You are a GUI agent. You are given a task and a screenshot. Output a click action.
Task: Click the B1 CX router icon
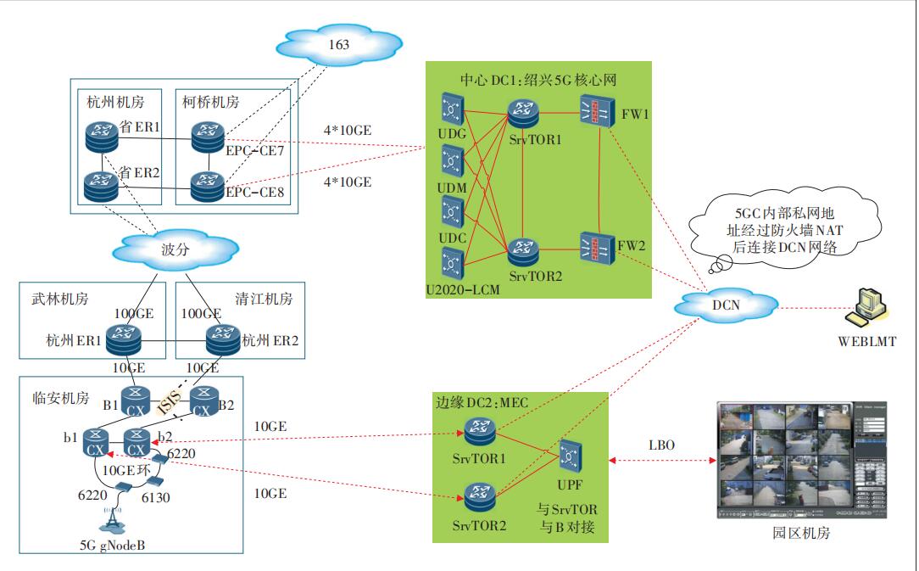(x=136, y=399)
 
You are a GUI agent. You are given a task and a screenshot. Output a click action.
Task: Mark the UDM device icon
(x=453, y=161)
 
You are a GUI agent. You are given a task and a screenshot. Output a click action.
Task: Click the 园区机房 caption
(x=801, y=534)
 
